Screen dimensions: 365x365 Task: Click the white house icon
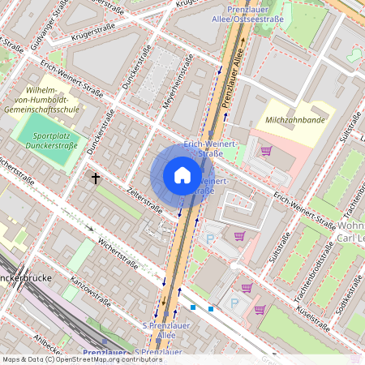point(182,175)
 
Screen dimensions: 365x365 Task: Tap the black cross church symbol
point(96,177)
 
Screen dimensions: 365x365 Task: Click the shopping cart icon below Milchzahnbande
point(266,151)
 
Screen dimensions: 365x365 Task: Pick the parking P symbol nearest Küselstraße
point(236,303)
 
